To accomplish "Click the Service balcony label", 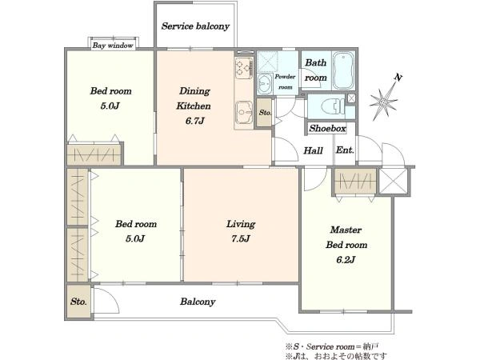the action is [195, 26].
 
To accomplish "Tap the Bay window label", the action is [113, 46].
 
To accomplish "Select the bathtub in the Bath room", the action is [343, 70].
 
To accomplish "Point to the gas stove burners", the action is [244, 68].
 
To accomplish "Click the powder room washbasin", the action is [265, 83].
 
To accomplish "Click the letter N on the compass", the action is [398, 78].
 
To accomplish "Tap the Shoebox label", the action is [327, 128].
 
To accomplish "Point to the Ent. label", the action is [345, 150].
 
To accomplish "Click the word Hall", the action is [313, 150].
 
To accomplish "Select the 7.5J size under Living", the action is [241, 238].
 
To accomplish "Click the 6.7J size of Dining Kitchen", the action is [194, 121].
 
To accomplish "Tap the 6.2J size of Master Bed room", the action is [346, 260].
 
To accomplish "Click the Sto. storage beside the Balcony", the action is [78, 302].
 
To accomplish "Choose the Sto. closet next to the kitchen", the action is [264, 112].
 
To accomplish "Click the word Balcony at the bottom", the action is [198, 302].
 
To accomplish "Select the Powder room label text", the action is [285, 82].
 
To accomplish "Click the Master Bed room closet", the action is [355, 181].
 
